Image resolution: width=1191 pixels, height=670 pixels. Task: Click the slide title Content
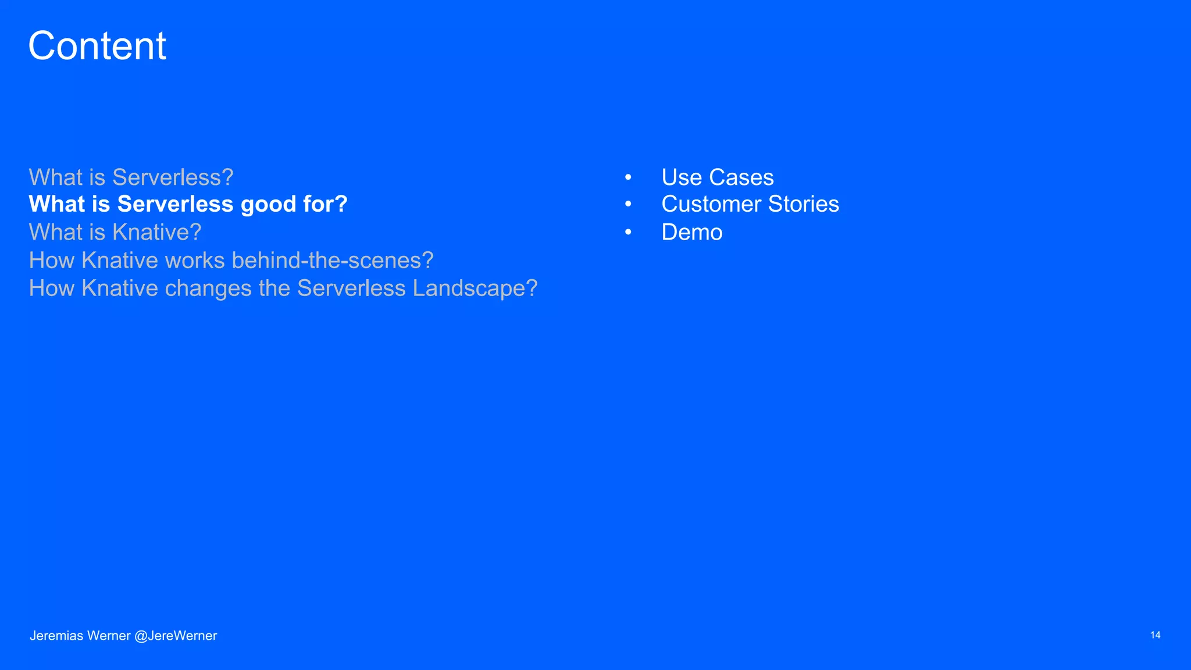coord(97,46)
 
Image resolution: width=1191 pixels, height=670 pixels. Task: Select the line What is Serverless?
coord(131,177)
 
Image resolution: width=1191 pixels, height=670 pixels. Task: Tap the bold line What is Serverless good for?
coord(188,204)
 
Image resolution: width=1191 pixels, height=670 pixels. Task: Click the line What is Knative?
coord(115,232)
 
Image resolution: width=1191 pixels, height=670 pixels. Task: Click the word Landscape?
coord(475,288)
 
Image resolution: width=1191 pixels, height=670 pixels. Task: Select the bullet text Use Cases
coord(717,177)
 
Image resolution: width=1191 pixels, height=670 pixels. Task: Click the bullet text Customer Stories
coord(750,204)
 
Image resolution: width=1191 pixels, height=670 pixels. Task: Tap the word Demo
coord(691,233)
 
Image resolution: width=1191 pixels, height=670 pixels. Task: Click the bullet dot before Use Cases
coord(628,177)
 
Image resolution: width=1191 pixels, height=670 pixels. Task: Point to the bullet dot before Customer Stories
coord(628,204)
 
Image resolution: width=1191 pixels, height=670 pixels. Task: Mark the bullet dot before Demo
coord(628,232)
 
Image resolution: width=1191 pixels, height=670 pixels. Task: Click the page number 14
coord(1155,635)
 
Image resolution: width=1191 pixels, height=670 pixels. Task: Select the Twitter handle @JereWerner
coord(176,636)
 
